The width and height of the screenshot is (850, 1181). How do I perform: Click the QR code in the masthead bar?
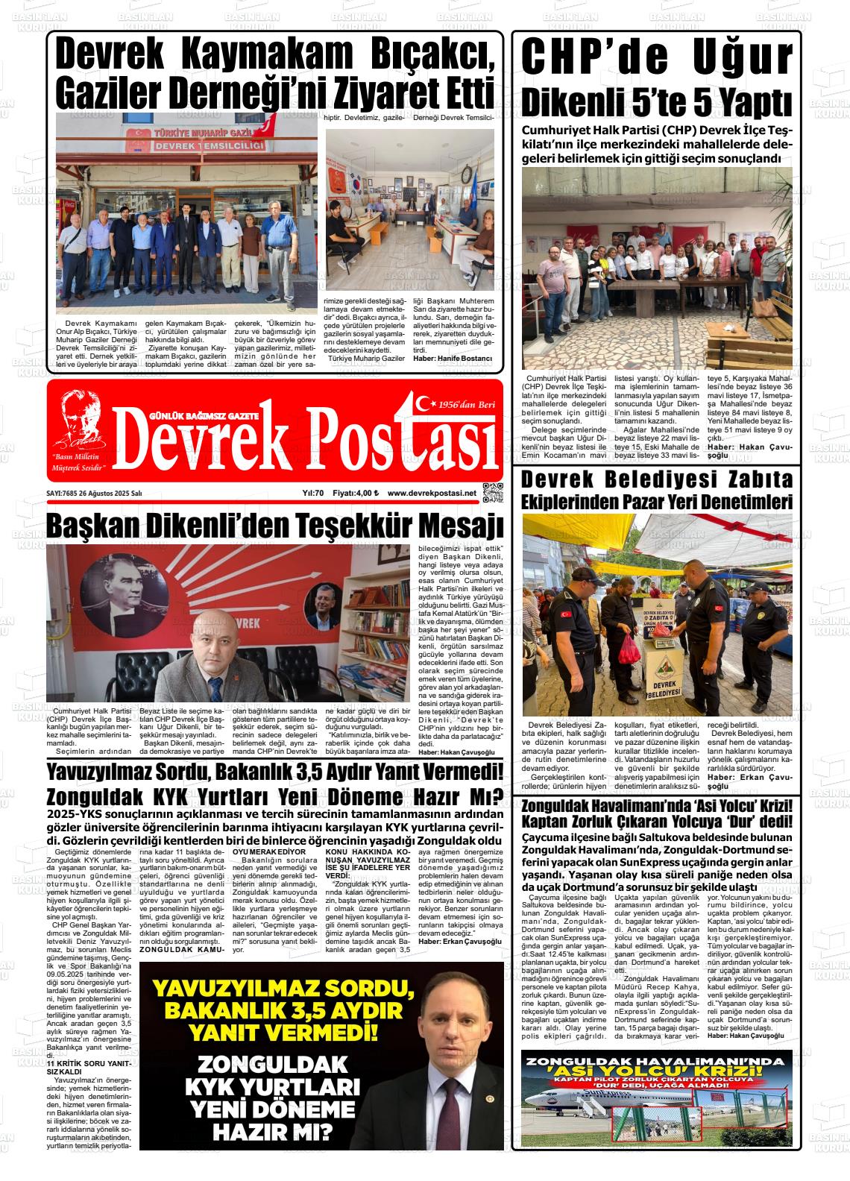tap(493, 494)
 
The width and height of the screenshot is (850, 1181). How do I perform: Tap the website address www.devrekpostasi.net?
tap(431, 493)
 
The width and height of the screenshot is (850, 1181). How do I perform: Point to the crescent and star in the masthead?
tap(426, 403)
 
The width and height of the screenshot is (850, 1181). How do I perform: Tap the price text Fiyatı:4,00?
tap(356, 493)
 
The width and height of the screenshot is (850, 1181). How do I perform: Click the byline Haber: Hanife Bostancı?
tap(453, 359)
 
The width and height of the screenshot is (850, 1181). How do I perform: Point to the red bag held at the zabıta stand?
tap(630, 649)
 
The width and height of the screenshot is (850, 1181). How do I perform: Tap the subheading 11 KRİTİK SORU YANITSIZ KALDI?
tap(89, 1067)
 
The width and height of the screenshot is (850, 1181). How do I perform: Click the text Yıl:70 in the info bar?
tap(312, 493)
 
